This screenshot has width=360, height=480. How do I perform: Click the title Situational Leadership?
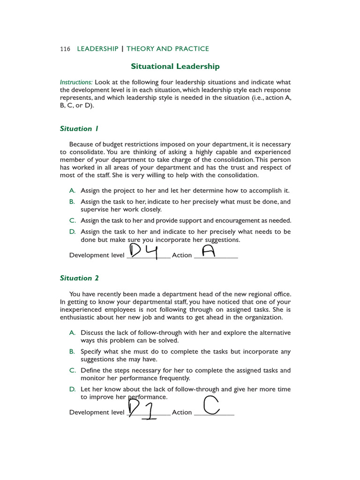pos(174,67)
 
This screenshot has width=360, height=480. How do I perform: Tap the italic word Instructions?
pos(76,82)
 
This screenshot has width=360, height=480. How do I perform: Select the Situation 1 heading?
pos(79,128)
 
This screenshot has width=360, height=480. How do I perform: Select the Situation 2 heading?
pos(79,278)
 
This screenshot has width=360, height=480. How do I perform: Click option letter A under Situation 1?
pos(72,191)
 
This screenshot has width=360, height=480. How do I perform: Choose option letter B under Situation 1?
pos(72,202)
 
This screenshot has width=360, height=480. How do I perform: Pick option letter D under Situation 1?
pos(72,232)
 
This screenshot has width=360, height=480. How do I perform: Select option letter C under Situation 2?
pos(72,370)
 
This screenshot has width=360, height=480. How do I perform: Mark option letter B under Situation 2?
pos(72,352)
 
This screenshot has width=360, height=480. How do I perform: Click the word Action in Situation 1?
pos(182,255)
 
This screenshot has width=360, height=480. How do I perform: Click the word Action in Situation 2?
pos(182,412)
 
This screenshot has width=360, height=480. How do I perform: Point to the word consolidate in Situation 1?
pos(86,152)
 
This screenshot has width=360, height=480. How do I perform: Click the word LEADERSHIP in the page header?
pos(97,49)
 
